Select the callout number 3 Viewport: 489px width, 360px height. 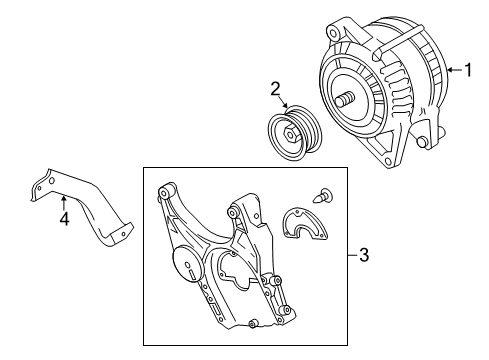[x=363, y=257]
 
